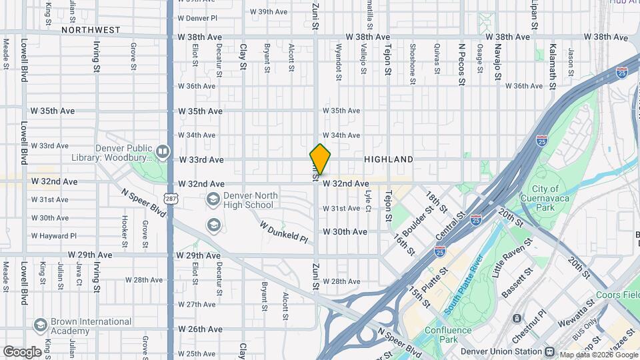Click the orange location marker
click(x=320, y=159)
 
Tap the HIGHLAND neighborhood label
click(x=388, y=160)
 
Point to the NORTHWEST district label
click(x=91, y=30)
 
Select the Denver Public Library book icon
click(x=162, y=152)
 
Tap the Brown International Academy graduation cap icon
click(x=40, y=324)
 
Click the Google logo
click(x=22, y=351)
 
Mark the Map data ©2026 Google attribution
click(x=596, y=355)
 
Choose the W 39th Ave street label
click(x=268, y=12)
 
